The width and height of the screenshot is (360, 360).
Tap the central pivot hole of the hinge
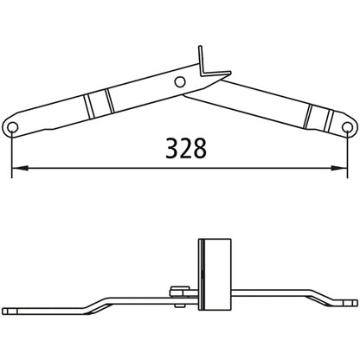click(179, 82)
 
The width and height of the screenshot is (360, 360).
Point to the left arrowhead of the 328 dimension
click(18, 169)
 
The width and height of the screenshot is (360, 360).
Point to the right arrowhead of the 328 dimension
click(344, 169)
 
